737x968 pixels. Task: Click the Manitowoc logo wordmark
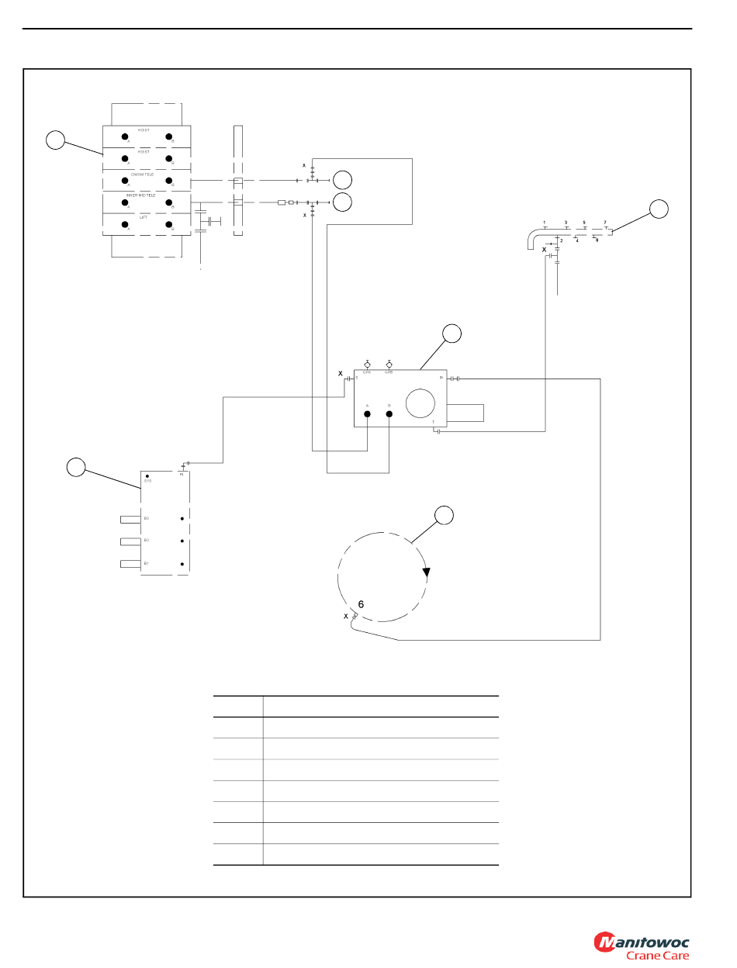click(642, 942)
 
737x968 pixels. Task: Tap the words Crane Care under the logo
click(657, 956)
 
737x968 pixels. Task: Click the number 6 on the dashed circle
click(361, 603)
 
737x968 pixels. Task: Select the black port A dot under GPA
click(367, 413)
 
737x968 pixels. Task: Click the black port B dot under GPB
click(389, 413)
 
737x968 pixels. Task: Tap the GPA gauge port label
click(367, 372)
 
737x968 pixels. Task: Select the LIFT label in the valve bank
click(143, 218)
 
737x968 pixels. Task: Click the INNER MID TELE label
click(141, 195)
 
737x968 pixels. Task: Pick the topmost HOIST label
click(144, 130)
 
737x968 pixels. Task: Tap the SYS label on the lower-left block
click(147, 482)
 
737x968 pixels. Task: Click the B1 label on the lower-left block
click(146, 563)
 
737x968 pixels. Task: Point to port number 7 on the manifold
click(605, 223)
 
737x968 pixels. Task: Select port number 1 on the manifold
click(545, 223)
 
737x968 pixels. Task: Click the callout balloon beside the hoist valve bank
click(55, 140)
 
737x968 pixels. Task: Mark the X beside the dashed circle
click(346, 617)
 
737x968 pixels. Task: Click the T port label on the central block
click(433, 422)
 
